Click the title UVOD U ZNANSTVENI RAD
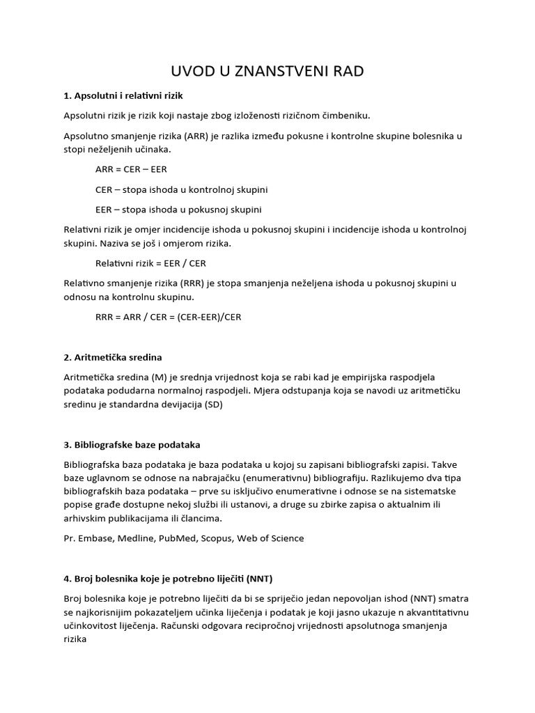(x=267, y=71)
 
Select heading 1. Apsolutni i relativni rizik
(x=123, y=95)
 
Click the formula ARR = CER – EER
(x=131, y=169)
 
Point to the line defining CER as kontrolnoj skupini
(x=182, y=189)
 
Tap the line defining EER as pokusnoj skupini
(x=178, y=209)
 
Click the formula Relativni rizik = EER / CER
(x=150, y=263)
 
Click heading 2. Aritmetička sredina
(x=113, y=357)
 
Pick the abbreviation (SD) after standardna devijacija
(x=213, y=404)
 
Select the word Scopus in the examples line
(x=217, y=538)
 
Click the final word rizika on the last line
(x=77, y=638)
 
